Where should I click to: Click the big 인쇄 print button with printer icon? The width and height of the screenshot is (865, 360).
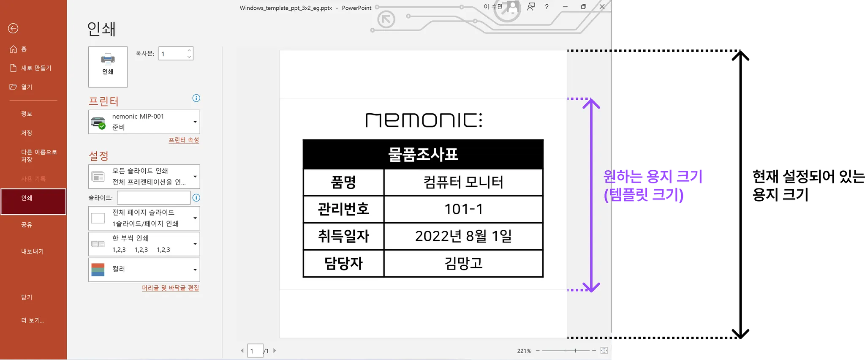(108, 67)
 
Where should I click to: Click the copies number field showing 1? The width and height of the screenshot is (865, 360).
(172, 54)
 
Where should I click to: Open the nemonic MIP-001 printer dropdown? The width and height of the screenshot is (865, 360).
(144, 122)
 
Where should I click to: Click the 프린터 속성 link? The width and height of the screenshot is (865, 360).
(184, 140)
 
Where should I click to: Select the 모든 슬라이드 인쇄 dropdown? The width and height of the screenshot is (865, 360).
(144, 176)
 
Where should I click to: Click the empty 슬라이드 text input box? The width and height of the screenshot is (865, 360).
(154, 197)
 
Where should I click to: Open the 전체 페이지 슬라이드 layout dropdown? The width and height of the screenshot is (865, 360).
(144, 218)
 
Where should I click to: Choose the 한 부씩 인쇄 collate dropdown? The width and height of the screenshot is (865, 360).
(144, 244)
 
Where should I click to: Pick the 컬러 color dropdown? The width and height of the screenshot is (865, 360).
(144, 270)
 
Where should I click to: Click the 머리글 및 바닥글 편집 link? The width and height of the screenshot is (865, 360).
(170, 288)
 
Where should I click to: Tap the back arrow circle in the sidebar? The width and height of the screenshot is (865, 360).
(13, 28)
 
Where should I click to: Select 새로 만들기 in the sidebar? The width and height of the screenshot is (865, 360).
(36, 68)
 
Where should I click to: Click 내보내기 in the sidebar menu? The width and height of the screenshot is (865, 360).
(33, 251)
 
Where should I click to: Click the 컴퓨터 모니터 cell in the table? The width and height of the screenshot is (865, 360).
(463, 182)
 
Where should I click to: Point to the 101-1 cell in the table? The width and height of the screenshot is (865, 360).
(463, 209)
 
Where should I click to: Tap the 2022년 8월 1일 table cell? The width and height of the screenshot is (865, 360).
(463, 236)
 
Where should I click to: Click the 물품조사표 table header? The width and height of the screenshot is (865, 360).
(423, 154)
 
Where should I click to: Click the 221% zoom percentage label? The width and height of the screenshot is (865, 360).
(524, 351)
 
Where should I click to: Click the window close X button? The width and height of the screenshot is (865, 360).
(602, 7)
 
